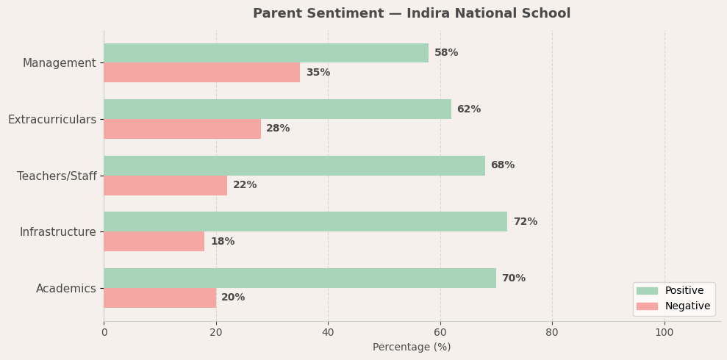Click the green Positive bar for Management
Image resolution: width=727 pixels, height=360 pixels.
(265, 53)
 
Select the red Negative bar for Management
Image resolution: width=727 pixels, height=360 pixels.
(201, 73)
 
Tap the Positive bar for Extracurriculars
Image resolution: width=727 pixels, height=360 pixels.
(277, 109)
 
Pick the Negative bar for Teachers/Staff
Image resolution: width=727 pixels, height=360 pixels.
(165, 185)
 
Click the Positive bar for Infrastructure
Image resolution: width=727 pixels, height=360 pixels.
(305, 222)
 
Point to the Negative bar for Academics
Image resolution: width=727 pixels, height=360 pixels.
(160, 298)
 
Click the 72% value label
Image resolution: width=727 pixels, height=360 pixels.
(525, 222)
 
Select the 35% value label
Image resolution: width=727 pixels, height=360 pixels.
(318, 73)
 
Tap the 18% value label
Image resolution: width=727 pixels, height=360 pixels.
(222, 242)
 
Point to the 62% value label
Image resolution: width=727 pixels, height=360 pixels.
(468, 109)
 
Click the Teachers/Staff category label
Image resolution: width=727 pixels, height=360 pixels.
(57, 176)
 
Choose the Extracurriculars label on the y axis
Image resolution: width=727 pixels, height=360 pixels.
(52, 120)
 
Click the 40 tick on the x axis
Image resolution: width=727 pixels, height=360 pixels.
(328, 332)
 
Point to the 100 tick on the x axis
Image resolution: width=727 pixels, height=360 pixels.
(664, 332)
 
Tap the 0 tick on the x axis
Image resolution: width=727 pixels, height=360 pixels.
(104, 332)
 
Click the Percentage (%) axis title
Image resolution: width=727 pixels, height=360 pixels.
(412, 348)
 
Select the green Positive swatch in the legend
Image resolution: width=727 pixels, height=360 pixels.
(647, 291)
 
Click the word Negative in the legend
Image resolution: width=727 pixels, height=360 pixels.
(687, 306)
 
